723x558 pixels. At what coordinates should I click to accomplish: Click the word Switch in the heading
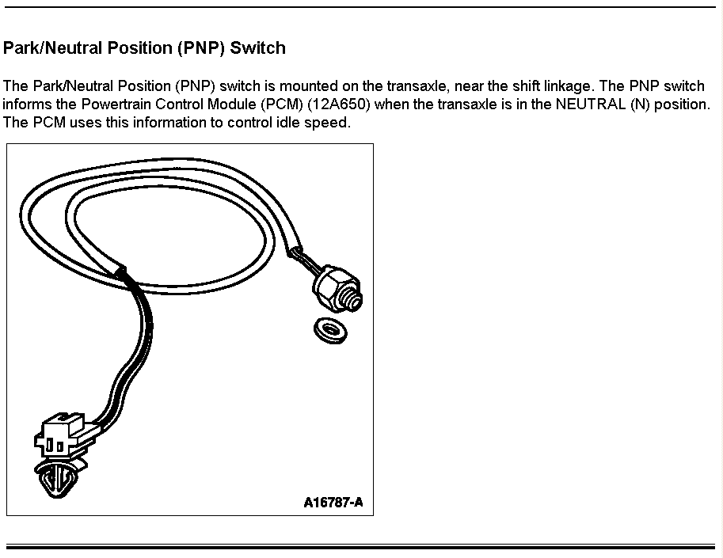pyautogui.click(x=257, y=48)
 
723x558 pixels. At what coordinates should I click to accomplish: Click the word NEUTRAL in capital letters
pyautogui.click(x=591, y=104)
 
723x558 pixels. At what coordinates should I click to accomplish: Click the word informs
pyautogui.click(x=28, y=104)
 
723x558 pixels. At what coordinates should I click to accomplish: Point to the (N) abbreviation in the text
pyautogui.click(x=640, y=104)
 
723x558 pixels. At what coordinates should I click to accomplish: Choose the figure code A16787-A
pyautogui.click(x=333, y=503)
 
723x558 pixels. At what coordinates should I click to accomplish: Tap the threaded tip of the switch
pyautogui.click(x=355, y=298)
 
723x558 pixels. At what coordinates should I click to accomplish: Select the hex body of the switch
pyautogui.click(x=328, y=287)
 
